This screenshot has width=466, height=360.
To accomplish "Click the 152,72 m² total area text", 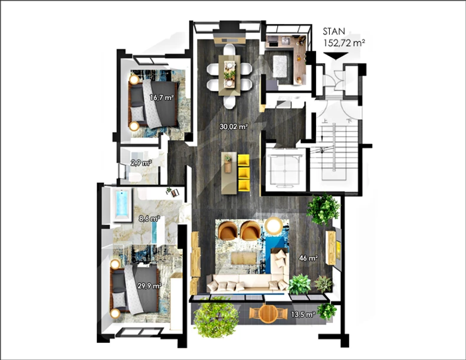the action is point(344,43).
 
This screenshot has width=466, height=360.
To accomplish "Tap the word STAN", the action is point(334,31).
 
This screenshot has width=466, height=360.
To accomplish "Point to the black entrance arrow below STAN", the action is point(336,56).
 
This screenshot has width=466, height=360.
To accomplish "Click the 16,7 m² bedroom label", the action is point(162,97).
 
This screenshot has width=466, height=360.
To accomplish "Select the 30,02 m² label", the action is point(234,127).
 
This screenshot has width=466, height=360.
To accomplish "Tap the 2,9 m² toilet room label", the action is point(141,163).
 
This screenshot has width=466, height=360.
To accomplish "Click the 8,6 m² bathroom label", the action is point(149,219).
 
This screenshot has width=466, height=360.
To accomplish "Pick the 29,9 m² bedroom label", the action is point(149,286).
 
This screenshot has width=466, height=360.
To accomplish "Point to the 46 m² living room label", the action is point(309,258).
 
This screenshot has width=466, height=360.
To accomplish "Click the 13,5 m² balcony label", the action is point(303,314).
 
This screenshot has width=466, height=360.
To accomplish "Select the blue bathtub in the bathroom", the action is point(122,204).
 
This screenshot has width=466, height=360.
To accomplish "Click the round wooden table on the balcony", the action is point(268,313).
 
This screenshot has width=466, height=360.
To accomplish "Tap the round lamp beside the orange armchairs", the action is point(274,226).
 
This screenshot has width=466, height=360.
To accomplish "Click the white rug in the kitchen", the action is point(280,66).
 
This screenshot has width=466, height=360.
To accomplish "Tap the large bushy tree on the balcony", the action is point(216,317).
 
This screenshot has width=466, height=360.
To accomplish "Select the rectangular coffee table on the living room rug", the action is point(244,258).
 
